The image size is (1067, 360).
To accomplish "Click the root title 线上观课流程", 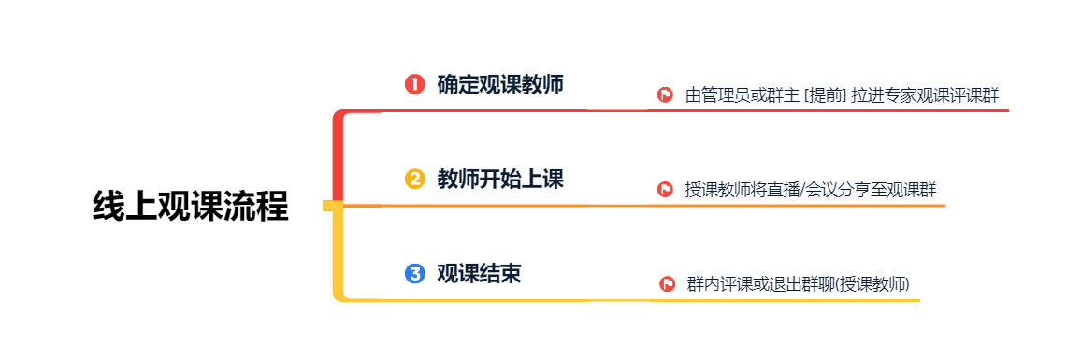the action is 191,207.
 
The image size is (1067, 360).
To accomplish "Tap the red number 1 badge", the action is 414,84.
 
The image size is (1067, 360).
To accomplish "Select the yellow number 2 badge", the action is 414,179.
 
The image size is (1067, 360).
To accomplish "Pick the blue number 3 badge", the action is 414,274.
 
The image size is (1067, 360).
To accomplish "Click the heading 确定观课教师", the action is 500,84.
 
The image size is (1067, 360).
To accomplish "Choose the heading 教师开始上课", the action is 500,179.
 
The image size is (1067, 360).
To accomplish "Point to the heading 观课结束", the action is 479,274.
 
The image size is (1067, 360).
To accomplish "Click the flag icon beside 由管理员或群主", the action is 665,94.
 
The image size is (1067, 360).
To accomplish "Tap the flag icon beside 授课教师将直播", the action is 665,189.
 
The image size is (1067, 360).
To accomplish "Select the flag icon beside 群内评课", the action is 667,283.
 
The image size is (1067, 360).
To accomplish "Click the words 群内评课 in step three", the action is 719,284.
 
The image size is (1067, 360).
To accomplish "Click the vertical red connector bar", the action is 337,158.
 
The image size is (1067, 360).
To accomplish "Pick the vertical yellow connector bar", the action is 337,252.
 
